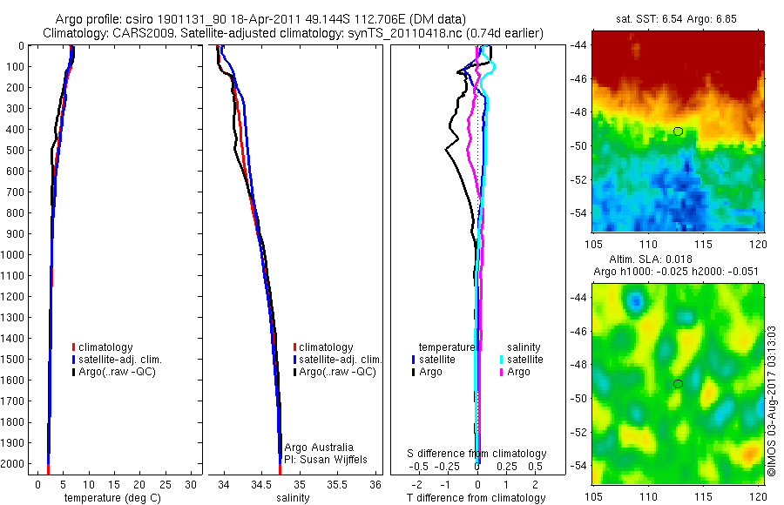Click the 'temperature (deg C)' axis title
(x=109, y=498)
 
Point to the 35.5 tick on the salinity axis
(x=337, y=484)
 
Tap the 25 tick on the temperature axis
(x=166, y=484)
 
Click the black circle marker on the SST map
(x=678, y=131)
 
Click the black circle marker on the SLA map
(x=678, y=383)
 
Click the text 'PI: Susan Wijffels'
(x=327, y=459)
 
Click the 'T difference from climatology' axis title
(x=476, y=498)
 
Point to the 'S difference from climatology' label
(x=477, y=454)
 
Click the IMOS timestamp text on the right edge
(x=772, y=401)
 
